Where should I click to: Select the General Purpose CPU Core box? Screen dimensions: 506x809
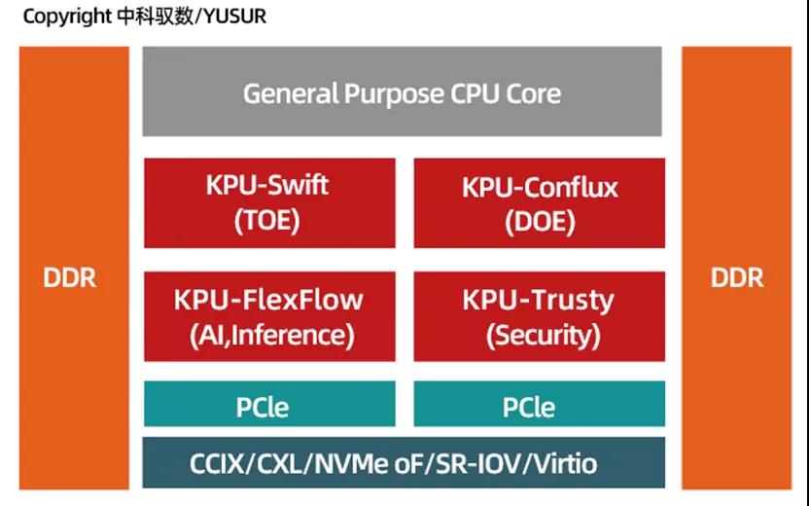click(x=402, y=92)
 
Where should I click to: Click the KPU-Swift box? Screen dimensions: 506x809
click(x=269, y=201)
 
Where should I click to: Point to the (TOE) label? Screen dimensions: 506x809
click(x=267, y=221)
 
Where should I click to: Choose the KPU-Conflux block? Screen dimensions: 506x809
click(x=540, y=201)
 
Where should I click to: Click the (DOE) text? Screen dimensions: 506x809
click(x=540, y=222)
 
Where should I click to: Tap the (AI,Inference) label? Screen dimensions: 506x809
click(x=269, y=335)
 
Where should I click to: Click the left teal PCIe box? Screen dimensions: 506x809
click(x=269, y=405)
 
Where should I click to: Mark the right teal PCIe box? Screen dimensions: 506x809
click(x=540, y=405)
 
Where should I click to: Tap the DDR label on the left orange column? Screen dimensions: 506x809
click(x=70, y=277)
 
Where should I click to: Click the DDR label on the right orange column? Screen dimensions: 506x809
click(x=737, y=277)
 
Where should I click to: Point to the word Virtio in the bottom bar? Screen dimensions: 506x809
click(x=561, y=463)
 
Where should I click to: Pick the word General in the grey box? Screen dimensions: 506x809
click(x=289, y=93)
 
